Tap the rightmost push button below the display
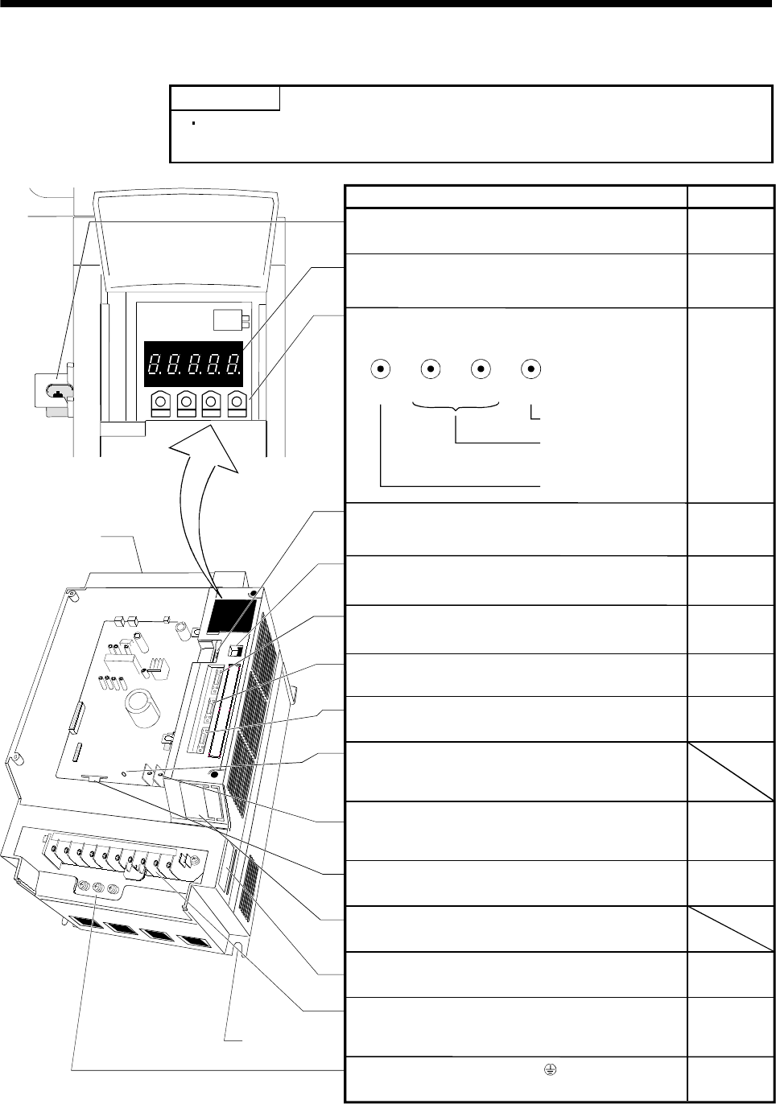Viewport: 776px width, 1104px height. (237, 402)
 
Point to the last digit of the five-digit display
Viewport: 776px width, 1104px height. (233, 366)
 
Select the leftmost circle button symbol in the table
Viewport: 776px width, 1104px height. (380, 369)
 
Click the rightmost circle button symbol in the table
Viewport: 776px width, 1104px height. (530, 369)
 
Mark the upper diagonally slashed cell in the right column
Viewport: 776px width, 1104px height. (729, 772)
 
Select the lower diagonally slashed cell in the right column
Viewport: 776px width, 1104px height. (729, 929)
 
